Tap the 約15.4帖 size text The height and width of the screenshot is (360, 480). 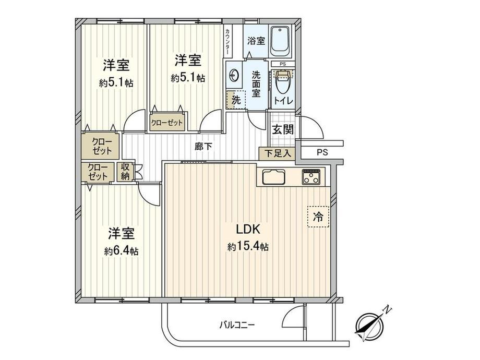pyautogui.click(x=248, y=246)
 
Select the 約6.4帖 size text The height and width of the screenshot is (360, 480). pyautogui.click(x=121, y=250)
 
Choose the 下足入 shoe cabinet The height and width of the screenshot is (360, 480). pyautogui.click(x=277, y=153)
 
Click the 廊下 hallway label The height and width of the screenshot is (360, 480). pyautogui.click(x=203, y=147)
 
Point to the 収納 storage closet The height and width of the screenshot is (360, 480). pyautogui.click(x=125, y=172)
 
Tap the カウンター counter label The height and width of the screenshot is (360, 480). pyautogui.click(x=229, y=40)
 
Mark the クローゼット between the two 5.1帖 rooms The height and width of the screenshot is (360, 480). pyautogui.click(x=167, y=123)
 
